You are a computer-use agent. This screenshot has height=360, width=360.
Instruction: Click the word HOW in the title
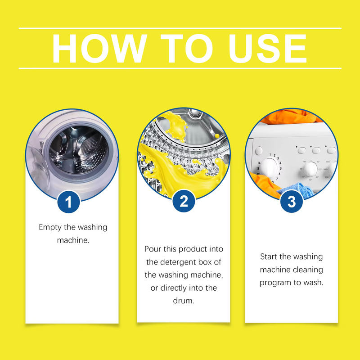point(99,48)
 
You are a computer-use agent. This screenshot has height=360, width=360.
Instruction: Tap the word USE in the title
point(267,48)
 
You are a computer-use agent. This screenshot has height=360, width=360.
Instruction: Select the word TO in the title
point(186,48)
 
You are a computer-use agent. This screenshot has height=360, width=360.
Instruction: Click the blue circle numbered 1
point(68,202)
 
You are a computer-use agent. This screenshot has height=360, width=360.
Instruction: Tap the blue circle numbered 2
point(184,201)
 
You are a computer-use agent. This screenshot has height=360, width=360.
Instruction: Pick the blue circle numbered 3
point(292,202)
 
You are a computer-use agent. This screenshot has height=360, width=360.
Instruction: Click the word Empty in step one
point(50,228)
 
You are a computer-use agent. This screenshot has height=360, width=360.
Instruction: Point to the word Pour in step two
point(153,249)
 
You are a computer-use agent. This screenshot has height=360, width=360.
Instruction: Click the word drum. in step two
point(184,301)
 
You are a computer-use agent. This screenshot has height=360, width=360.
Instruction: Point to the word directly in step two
point(175,288)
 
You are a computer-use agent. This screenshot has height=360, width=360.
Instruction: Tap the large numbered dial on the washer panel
point(269,167)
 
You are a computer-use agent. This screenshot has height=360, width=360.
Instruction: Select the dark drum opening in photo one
point(78,149)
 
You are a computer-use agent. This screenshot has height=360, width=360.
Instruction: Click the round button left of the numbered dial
point(259,151)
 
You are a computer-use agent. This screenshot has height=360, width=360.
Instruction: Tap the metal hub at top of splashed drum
point(195,113)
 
